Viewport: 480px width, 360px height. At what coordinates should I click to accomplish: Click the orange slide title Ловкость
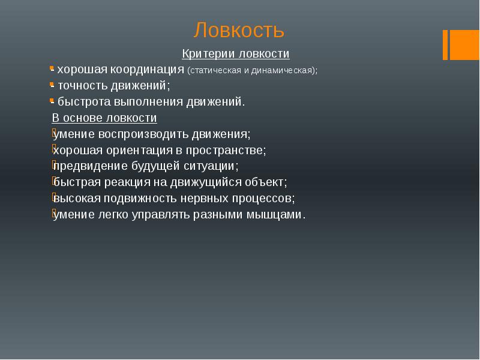[x=239, y=30]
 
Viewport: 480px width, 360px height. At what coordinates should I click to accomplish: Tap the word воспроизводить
[x=137, y=134]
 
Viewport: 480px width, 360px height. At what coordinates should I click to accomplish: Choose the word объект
[x=268, y=182]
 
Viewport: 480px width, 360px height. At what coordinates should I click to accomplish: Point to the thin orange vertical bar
[x=446, y=44]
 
